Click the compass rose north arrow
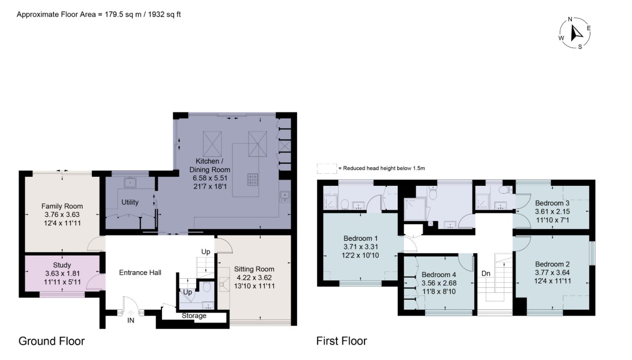[x=577, y=32]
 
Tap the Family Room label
[x=62, y=206]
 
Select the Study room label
[x=62, y=265]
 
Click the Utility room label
[x=130, y=202]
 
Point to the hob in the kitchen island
[x=253, y=179]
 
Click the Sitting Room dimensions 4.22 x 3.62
[x=254, y=277]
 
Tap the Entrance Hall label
[x=140, y=272]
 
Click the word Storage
[x=194, y=316]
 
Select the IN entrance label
[x=131, y=320]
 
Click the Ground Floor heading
[x=52, y=341]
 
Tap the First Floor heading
[x=341, y=341]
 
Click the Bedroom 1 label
[x=360, y=238]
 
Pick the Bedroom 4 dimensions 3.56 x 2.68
[x=439, y=283]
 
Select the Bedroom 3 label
[x=552, y=203]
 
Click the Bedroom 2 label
[x=552, y=264]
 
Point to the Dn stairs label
[x=486, y=273]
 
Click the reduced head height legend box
[x=327, y=168]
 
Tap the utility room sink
[x=130, y=183]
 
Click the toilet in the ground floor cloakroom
[x=206, y=287]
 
